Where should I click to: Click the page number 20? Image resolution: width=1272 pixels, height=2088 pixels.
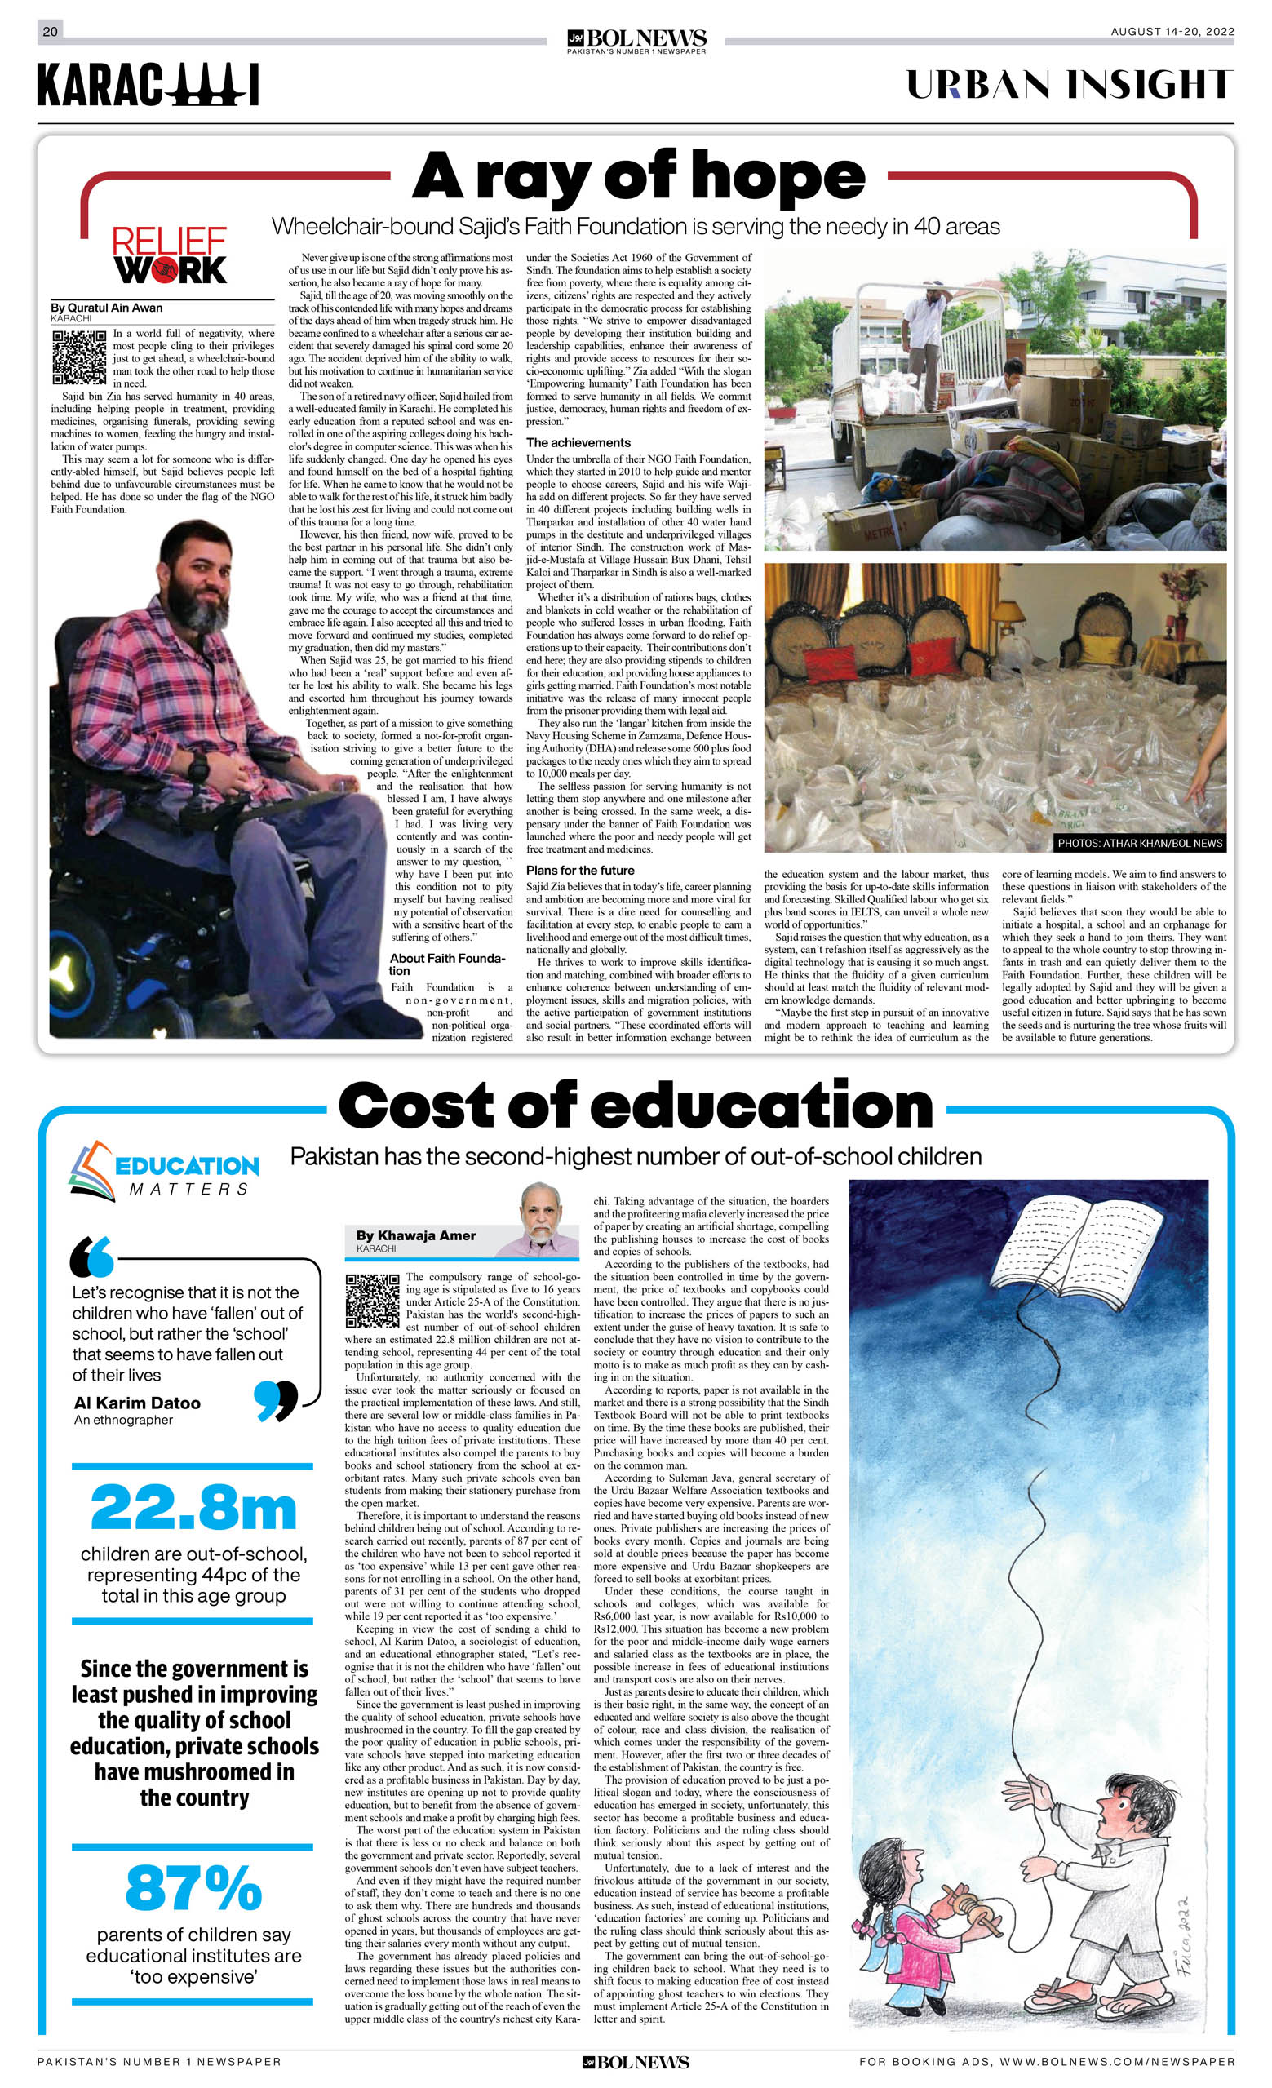tap(50, 32)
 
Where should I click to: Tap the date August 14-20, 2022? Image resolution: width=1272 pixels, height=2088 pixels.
tap(1172, 32)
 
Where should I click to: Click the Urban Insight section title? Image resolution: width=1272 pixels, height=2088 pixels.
tap(1070, 85)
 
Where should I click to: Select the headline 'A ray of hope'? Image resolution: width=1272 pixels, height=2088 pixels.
tap(639, 177)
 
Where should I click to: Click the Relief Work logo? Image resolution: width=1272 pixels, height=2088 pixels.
tap(171, 255)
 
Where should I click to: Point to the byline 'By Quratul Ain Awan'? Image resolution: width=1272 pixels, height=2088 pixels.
tap(107, 308)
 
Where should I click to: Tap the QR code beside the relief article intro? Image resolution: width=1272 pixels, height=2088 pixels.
tap(80, 357)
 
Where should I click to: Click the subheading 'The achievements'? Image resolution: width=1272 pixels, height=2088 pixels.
tap(578, 442)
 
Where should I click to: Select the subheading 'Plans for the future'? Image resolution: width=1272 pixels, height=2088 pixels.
tap(579, 871)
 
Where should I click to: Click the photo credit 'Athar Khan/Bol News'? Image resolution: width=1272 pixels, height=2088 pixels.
tap(1140, 843)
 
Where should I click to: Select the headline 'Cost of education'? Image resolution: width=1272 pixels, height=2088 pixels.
tap(636, 1106)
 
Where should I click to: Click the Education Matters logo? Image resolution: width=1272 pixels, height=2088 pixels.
tap(163, 1170)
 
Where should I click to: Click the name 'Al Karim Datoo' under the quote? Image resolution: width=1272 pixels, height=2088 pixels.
tap(137, 1403)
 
